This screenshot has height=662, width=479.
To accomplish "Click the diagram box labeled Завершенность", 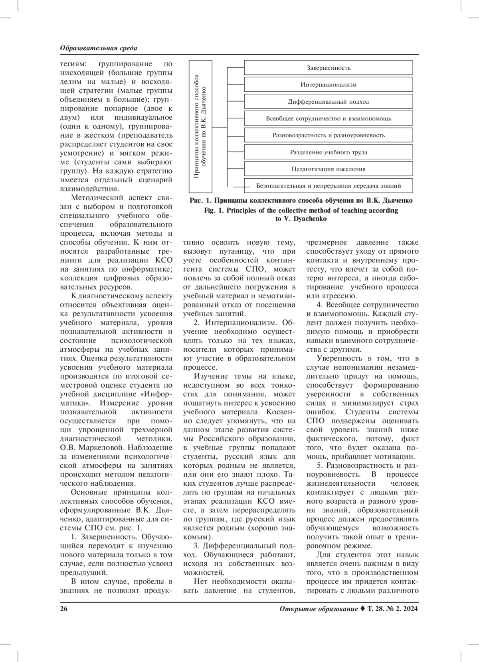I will point(328,68).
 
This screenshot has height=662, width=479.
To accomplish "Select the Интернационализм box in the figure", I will point(328,85).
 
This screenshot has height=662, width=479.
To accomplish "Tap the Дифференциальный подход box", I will point(328,102).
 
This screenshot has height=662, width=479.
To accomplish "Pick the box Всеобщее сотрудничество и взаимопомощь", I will point(328,118).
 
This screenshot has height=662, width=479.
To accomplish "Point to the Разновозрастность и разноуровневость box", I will point(328,135).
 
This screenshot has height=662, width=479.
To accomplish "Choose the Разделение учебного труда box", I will point(328,152).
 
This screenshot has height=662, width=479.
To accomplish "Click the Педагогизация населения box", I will point(328,169).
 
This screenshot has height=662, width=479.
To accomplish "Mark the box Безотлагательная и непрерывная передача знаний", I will point(328,186).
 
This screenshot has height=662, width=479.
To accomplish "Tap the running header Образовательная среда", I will point(98,48).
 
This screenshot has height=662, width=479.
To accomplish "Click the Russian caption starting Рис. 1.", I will point(301,200).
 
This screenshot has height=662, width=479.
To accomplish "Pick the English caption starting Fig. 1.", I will point(301,215).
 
